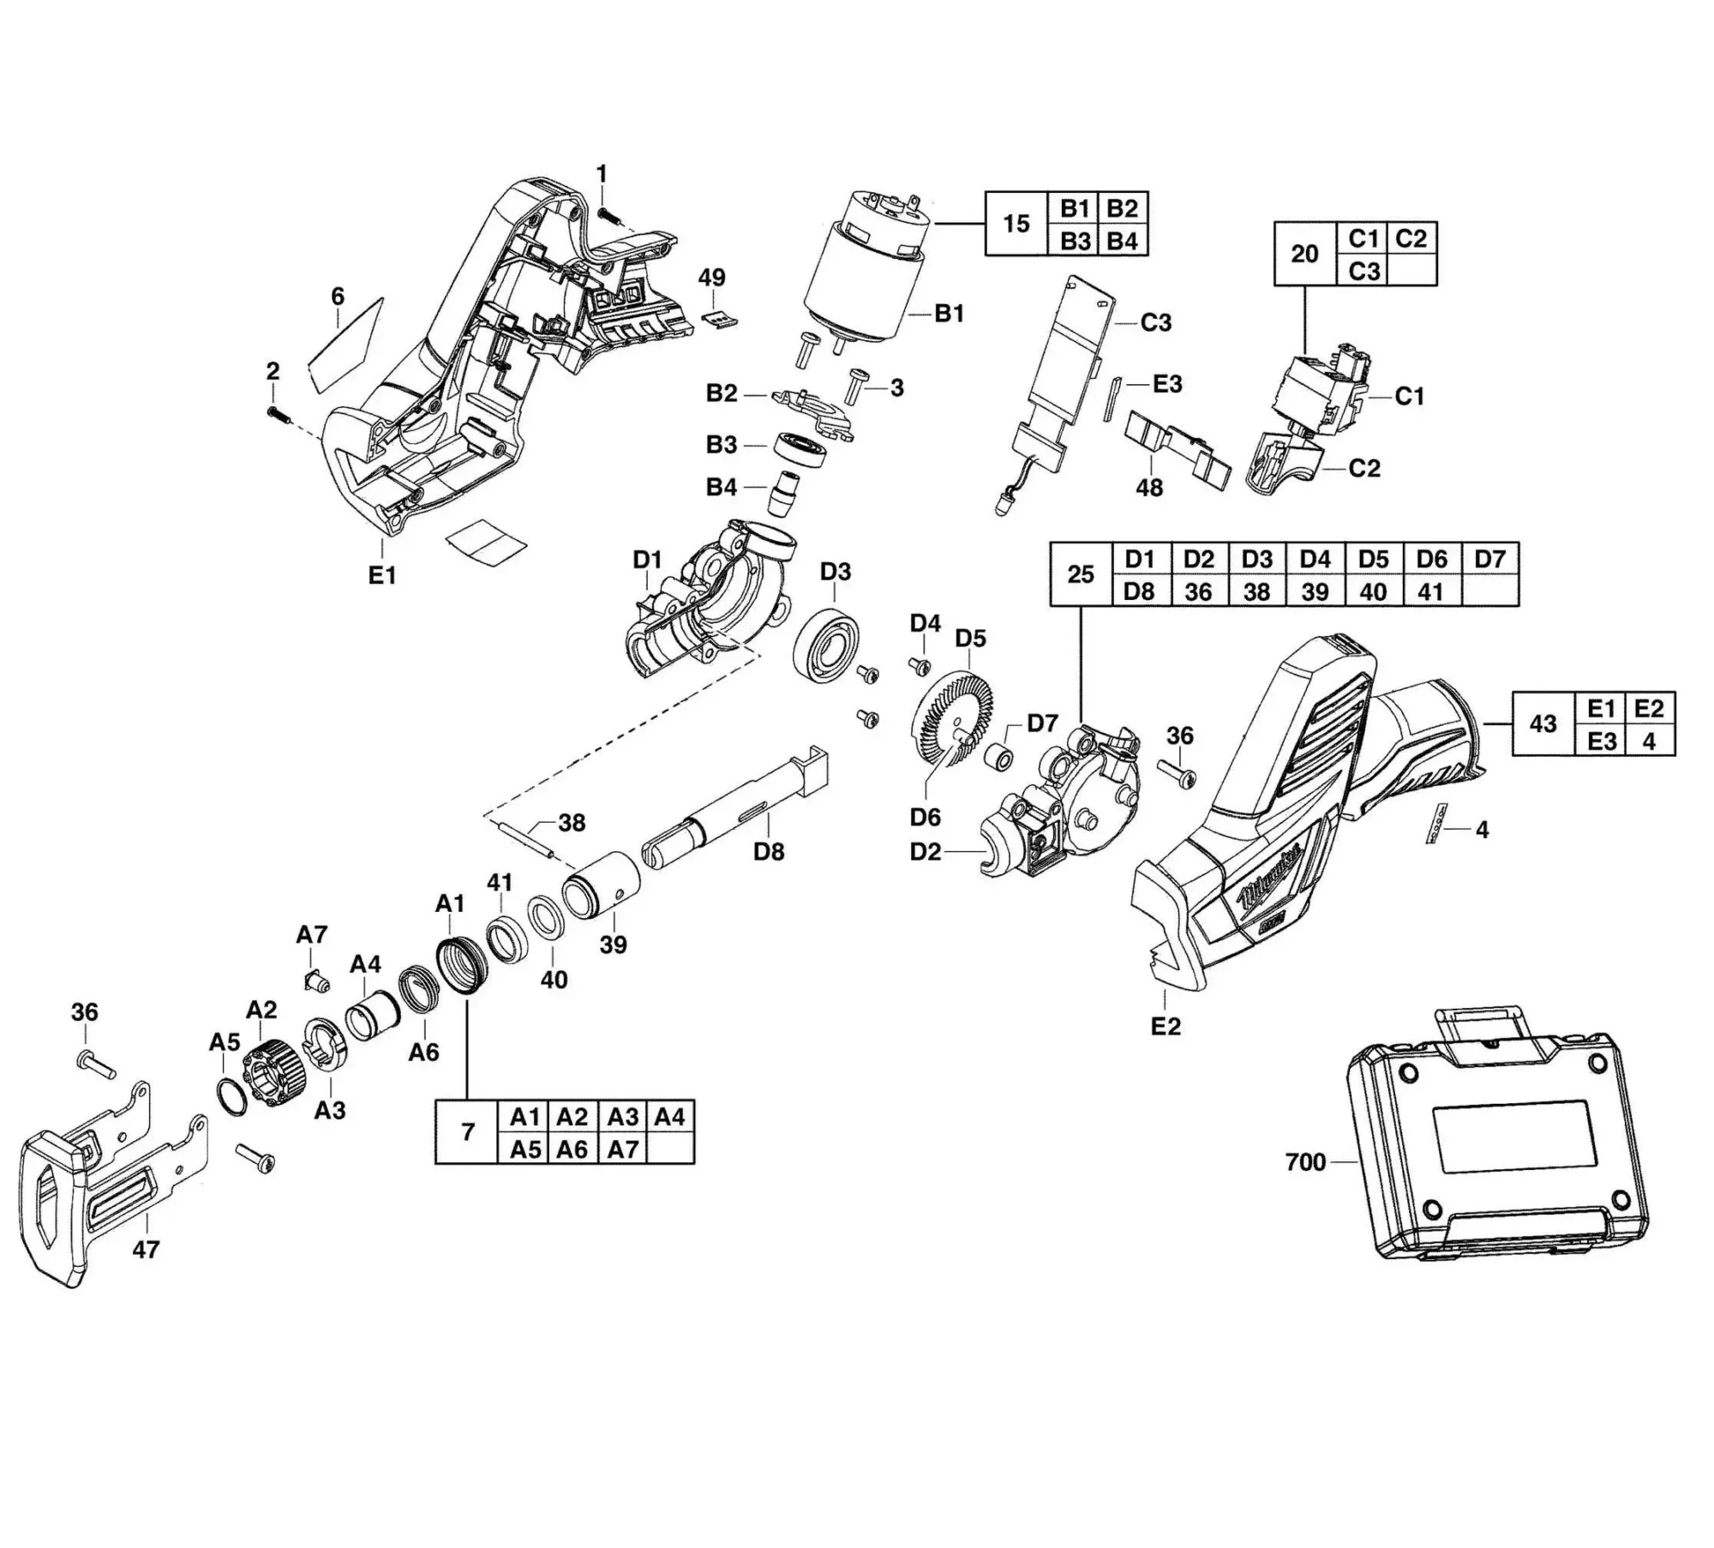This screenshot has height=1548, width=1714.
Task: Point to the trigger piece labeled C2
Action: click(x=1281, y=463)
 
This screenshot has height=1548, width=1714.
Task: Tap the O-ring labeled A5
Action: click(x=232, y=1096)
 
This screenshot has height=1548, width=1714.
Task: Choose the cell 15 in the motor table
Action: click(x=1016, y=224)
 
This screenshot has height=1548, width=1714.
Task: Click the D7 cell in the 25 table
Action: click(x=1489, y=559)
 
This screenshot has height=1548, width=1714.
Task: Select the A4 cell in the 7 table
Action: click(x=669, y=1117)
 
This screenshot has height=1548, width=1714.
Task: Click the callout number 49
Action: click(x=711, y=278)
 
